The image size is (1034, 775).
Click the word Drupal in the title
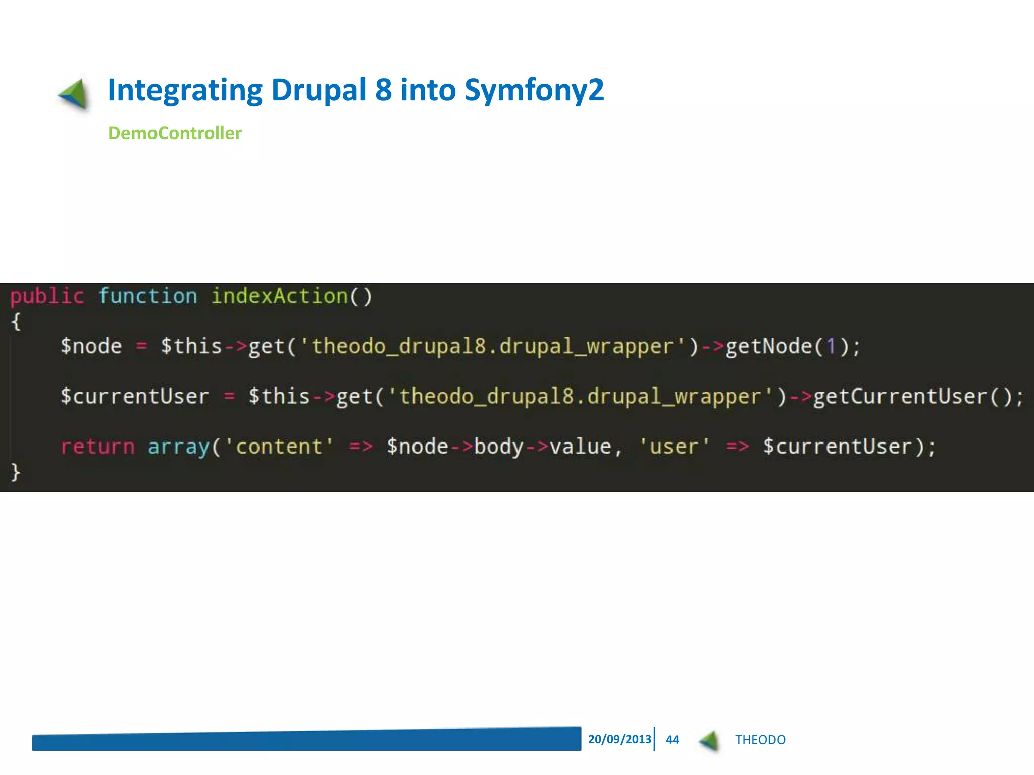click(x=318, y=90)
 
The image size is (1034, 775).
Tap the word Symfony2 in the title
click(x=534, y=90)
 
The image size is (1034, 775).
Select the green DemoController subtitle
click(x=175, y=133)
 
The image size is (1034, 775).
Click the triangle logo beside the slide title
click(x=74, y=94)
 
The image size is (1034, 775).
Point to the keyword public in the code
click(x=47, y=296)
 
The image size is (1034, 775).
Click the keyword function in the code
click(x=147, y=296)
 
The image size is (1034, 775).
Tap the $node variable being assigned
click(x=91, y=347)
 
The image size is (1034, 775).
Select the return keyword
click(x=97, y=447)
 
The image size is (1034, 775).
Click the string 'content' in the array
click(x=279, y=447)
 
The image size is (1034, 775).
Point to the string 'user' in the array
click(x=675, y=447)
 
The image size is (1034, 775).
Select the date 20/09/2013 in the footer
click(x=619, y=739)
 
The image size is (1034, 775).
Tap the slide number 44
click(x=673, y=740)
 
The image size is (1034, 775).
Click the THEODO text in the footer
click(x=760, y=740)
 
